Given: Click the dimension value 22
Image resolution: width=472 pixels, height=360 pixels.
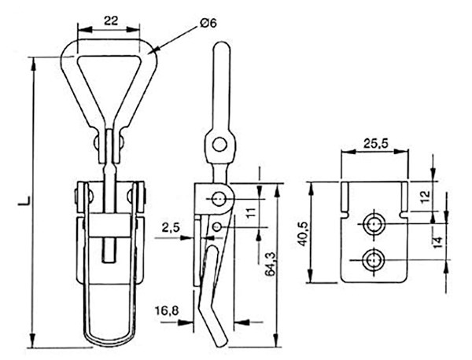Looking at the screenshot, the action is (x=111, y=20).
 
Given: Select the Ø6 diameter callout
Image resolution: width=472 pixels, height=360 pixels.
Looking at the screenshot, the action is (x=208, y=23).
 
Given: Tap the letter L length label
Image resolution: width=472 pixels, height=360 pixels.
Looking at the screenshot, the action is (x=24, y=201).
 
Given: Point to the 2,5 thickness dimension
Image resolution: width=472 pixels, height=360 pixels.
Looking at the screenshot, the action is (x=171, y=228).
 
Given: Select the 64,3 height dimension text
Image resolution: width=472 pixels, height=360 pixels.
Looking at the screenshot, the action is (x=270, y=264).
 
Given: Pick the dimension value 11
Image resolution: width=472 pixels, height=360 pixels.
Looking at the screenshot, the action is (x=251, y=212).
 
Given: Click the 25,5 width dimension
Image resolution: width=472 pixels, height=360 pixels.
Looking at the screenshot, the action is (x=375, y=144).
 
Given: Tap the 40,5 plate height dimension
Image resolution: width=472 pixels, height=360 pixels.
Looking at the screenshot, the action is (x=304, y=234).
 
